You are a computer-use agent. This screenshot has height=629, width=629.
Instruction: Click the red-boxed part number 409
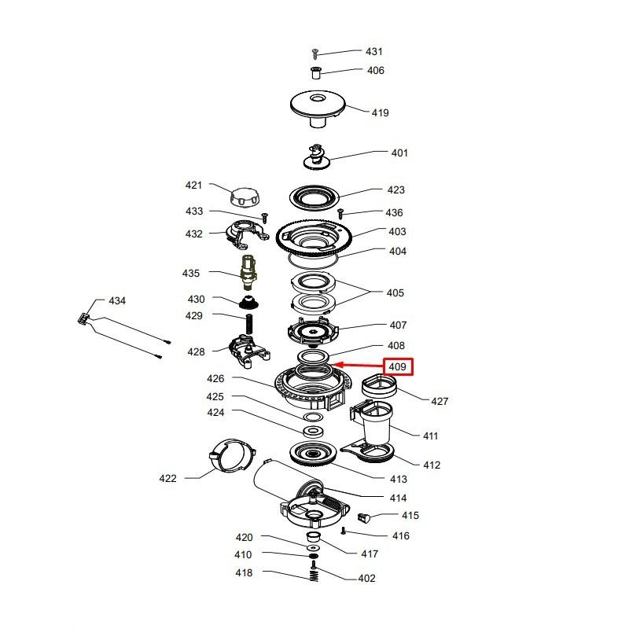coord(397,366)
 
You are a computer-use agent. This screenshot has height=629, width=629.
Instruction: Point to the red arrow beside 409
coord(359,365)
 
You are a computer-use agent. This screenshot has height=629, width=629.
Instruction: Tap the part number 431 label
coord(374,51)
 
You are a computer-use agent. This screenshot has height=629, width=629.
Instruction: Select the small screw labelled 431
coord(315,53)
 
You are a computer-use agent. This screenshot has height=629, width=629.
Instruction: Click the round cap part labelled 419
coord(318,109)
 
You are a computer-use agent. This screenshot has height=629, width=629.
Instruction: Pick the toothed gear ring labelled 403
coord(314,240)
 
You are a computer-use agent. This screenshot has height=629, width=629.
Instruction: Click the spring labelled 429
coord(249,325)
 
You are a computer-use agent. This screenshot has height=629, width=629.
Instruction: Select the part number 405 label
coord(395,292)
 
